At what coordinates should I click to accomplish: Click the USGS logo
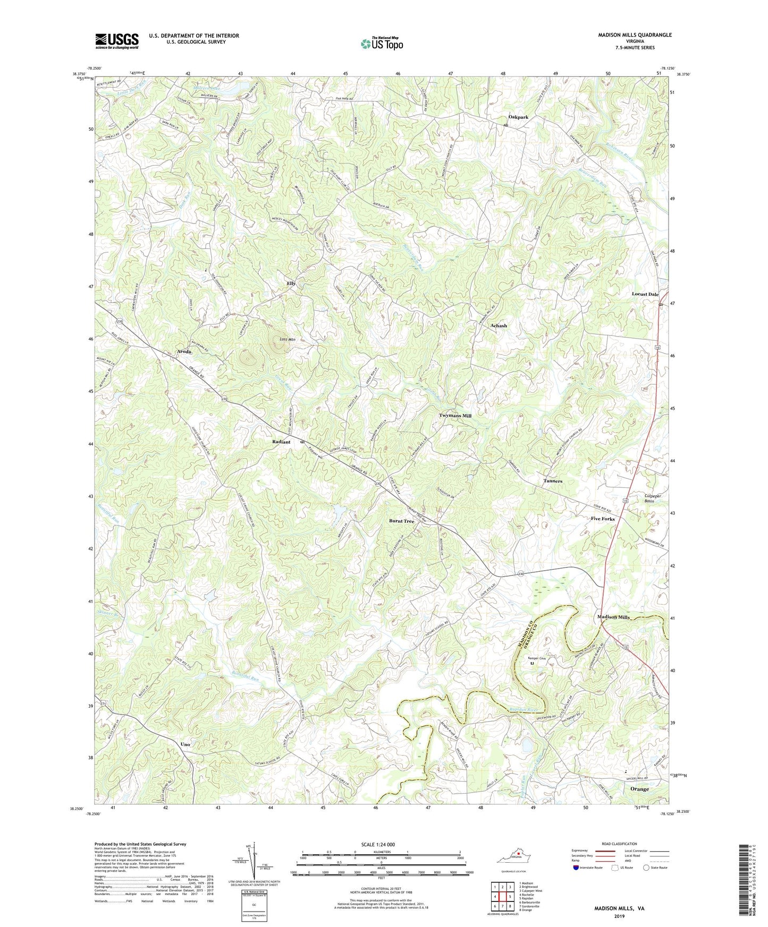(x=116, y=41)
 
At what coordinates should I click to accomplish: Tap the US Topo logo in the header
(x=382, y=43)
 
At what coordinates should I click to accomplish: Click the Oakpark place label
(x=518, y=117)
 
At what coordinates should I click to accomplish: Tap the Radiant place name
(x=281, y=442)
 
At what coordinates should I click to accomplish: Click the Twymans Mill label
(x=455, y=416)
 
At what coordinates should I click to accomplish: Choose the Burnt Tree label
(x=401, y=521)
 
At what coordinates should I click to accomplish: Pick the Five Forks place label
(x=603, y=519)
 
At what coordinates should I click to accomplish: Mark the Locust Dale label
(x=645, y=294)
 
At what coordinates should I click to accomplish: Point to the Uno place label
(x=185, y=744)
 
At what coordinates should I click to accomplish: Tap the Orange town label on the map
(x=639, y=789)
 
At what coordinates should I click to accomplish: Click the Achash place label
(x=498, y=325)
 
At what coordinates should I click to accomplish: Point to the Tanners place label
(x=553, y=481)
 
